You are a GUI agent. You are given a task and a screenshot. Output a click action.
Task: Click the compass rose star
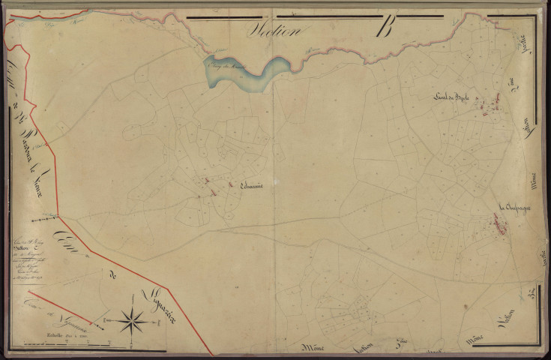(133, 320)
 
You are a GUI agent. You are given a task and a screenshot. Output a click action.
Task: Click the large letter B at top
(387, 30)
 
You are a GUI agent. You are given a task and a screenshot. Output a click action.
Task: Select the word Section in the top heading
(275, 31)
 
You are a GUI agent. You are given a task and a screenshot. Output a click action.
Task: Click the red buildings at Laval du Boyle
(495, 106)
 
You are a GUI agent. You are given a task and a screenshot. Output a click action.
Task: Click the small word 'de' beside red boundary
(114, 277)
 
